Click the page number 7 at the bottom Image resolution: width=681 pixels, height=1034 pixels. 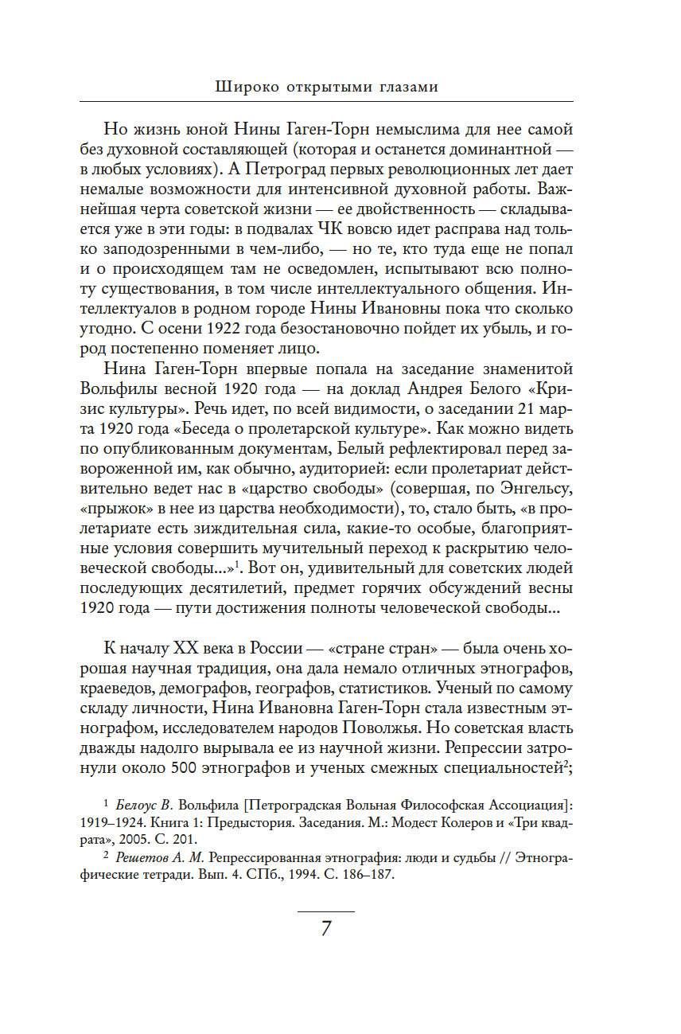tap(325, 929)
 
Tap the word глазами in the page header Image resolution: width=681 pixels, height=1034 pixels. tap(406, 87)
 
